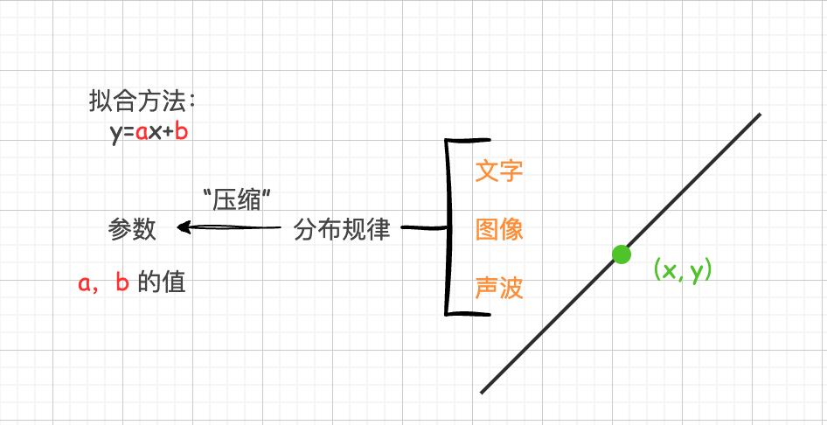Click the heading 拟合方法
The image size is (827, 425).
click(137, 101)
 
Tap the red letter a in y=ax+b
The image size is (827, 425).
click(142, 133)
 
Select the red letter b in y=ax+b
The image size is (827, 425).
click(182, 131)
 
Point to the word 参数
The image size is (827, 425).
click(132, 229)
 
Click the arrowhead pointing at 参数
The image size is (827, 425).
click(183, 227)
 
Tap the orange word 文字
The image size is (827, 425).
click(499, 171)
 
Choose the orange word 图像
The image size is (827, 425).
click(499, 230)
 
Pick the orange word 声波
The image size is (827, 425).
click(499, 289)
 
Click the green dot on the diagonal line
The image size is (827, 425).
click(622, 254)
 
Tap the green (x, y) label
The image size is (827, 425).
click(683, 270)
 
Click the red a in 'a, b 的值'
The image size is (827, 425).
click(85, 285)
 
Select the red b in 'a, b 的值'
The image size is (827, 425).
click(122, 282)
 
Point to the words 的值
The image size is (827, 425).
click(162, 283)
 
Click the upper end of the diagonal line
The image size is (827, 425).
click(760, 114)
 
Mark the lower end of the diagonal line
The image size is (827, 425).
click(482, 393)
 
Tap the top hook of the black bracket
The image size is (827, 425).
click(469, 140)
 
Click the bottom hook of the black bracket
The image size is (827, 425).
click(469, 314)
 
